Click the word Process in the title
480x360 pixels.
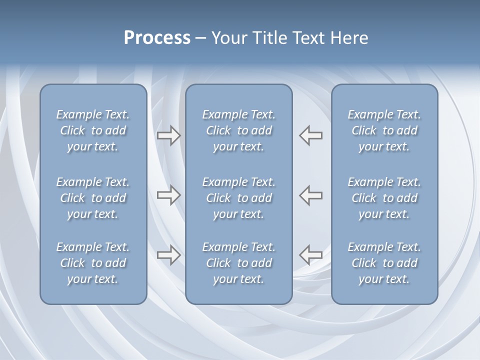click(157, 38)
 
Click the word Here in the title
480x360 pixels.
click(349, 38)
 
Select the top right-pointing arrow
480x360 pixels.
click(168, 135)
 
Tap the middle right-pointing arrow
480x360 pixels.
click(168, 195)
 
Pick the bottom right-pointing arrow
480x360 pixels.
click(168, 255)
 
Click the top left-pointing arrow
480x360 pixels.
click(311, 135)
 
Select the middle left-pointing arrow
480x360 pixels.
click(311, 195)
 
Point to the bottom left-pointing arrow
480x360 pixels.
click(311, 255)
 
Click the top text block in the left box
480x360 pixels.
click(93, 130)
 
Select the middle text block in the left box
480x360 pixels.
click(93, 198)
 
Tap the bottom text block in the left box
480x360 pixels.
click(93, 263)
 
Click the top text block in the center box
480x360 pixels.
click(238, 130)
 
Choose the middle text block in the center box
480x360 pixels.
click(238, 198)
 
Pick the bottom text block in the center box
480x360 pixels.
click(238, 263)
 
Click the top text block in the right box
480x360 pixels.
click(384, 130)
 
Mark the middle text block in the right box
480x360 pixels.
click(384, 198)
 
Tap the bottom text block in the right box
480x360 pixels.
click(384, 263)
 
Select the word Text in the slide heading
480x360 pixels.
click(309, 38)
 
